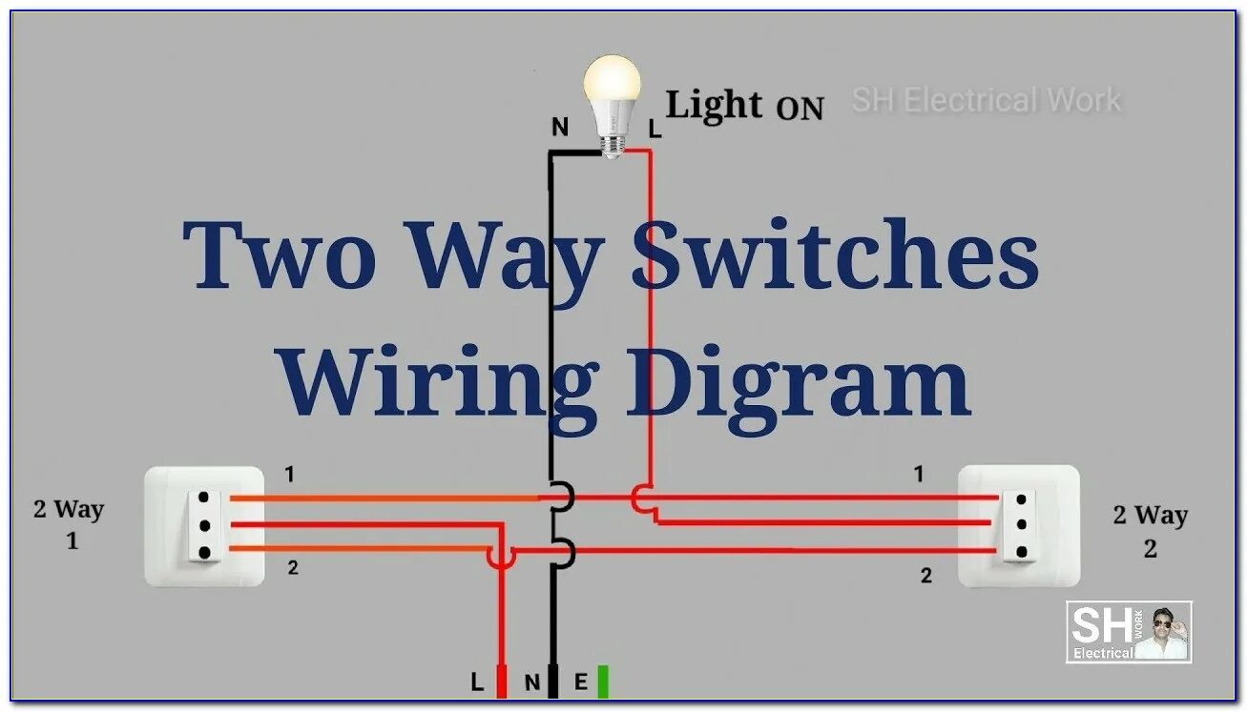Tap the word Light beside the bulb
(x=714, y=105)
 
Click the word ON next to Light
(x=800, y=109)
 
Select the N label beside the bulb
(x=560, y=127)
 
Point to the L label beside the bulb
(x=655, y=131)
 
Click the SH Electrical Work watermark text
(x=986, y=99)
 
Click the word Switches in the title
(x=835, y=255)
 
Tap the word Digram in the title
(x=797, y=381)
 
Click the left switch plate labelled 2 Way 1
(x=204, y=525)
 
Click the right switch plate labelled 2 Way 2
(x=1019, y=525)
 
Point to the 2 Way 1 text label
(x=69, y=524)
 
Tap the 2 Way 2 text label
(x=1150, y=531)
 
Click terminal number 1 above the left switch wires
(x=289, y=474)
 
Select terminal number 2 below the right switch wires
(x=925, y=576)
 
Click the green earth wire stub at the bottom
(x=602, y=681)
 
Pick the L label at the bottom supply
(x=477, y=681)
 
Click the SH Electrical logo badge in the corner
(x=1129, y=632)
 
